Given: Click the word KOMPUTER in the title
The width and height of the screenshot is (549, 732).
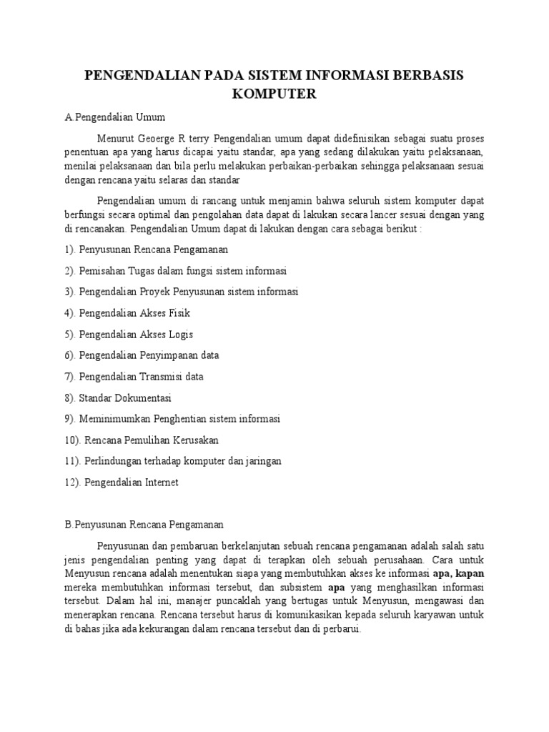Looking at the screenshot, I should pos(274,94).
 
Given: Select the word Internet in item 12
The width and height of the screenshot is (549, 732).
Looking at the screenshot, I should pos(161,483).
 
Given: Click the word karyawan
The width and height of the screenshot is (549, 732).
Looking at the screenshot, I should pos(443,614).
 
